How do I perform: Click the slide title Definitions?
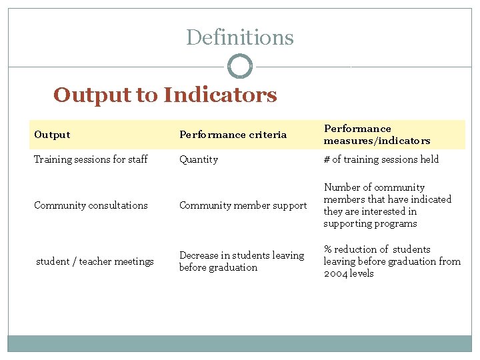point(239,37)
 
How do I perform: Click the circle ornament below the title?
point(240,67)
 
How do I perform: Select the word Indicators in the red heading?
point(220,95)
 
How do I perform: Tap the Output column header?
point(52,135)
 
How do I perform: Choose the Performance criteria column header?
point(233,135)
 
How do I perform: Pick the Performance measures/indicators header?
point(377,135)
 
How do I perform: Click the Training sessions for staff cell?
point(91,159)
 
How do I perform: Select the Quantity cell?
point(198,159)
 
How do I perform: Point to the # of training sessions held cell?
point(381,159)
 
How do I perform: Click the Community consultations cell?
point(91,205)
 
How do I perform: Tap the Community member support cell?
point(243,205)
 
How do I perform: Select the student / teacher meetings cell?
point(95,261)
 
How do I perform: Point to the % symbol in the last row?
point(328,249)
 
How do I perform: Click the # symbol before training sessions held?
point(327,159)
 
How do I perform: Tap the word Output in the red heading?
point(92,95)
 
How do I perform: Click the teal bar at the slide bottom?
point(239,343)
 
